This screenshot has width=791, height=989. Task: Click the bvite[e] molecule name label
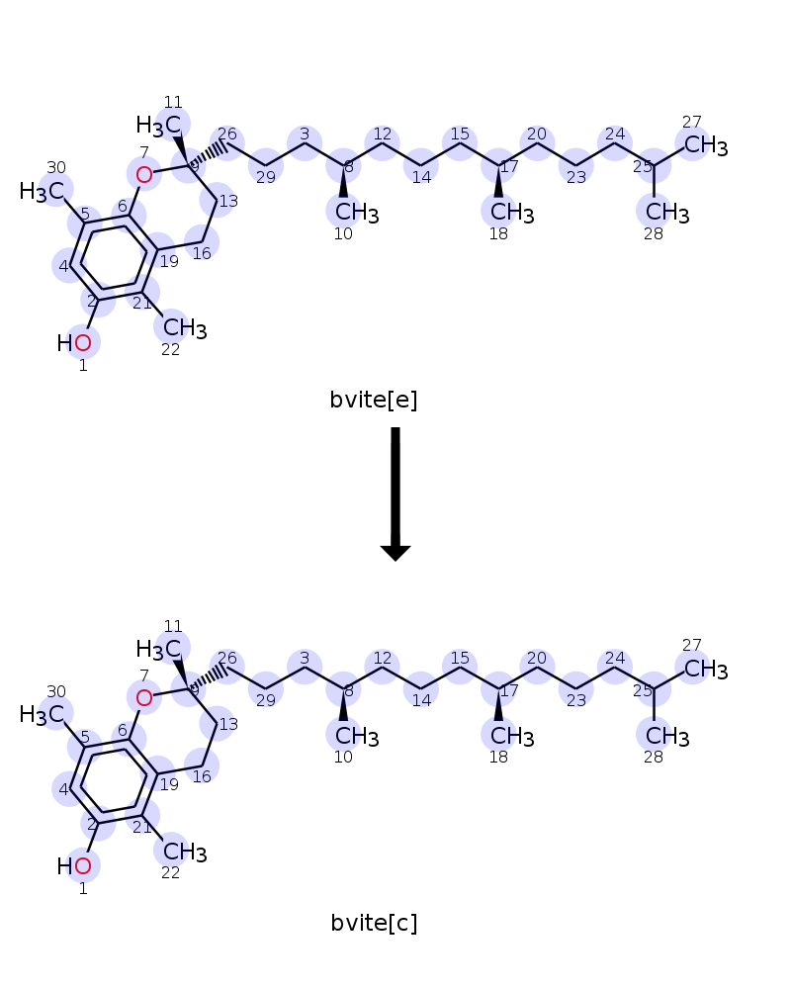point(374,400)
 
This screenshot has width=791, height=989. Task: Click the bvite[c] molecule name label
point(374,923)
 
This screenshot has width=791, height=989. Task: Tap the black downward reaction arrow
point(395,494)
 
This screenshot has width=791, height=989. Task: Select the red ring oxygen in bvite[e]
point(143,175)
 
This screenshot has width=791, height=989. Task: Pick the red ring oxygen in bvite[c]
point(143,698)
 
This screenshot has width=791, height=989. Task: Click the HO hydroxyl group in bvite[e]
point(74,343)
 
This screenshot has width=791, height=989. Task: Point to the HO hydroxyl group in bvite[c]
point(74,866)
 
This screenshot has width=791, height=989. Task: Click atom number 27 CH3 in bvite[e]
point(705,145)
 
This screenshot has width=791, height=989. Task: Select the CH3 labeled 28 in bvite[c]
point(667,737)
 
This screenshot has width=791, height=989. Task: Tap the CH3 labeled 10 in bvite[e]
point(357,213)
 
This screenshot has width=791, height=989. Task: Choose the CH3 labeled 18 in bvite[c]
point(512,737)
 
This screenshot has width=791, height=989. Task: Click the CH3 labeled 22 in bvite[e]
point(185,328)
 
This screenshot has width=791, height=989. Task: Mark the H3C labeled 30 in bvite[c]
point(42,715)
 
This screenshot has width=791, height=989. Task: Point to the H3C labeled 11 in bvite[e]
point(158,126)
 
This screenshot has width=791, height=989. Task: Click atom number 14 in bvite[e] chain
point(421,166)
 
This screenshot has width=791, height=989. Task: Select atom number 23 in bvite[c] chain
point(575,689)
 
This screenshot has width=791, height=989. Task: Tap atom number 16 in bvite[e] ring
point(202,242)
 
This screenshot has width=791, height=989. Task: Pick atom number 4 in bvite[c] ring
point(69,788)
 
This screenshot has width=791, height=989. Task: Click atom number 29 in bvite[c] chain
point(266,689)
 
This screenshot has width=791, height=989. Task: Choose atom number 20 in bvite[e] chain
point(537,143)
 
